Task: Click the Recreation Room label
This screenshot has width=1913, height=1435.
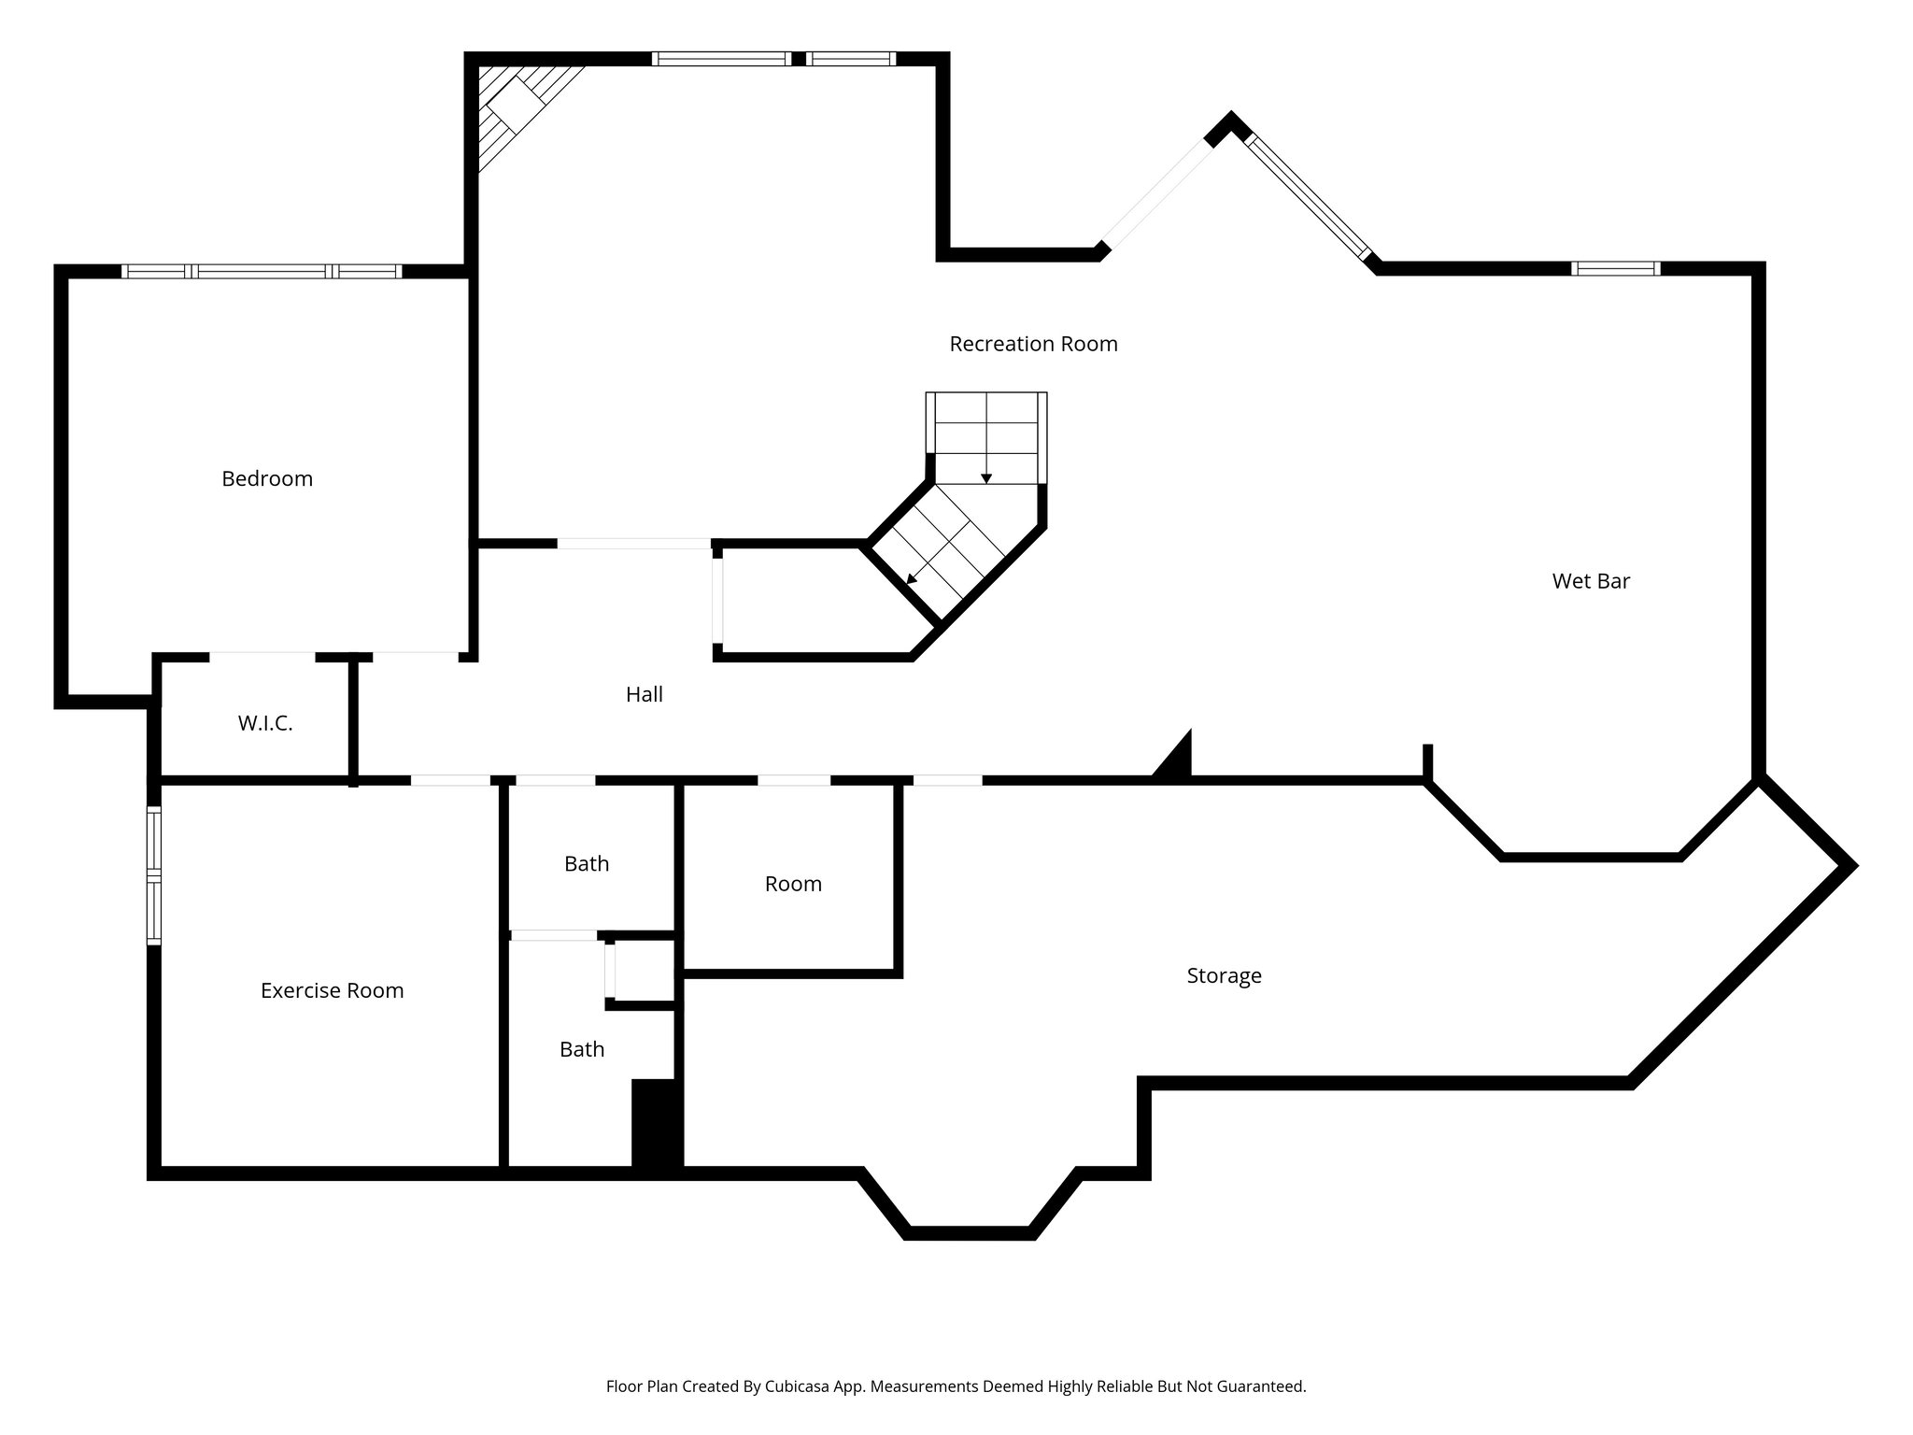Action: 1033,344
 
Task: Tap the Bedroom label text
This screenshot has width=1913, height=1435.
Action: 267,478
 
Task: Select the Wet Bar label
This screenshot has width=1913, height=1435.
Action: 1591,581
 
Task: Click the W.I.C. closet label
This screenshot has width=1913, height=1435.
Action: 265,723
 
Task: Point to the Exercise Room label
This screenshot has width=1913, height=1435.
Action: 332,990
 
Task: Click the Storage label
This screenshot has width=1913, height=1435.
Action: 1224,975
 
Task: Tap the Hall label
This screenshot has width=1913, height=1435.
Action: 645,694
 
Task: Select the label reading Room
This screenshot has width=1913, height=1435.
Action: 793,884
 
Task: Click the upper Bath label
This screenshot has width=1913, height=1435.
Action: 587,863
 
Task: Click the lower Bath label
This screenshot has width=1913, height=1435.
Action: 582,1049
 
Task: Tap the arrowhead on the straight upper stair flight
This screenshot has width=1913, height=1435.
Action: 986,479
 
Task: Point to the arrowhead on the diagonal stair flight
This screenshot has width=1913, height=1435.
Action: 912,579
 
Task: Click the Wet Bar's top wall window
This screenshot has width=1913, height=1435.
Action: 1615,269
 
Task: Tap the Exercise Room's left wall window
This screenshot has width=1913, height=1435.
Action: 154,876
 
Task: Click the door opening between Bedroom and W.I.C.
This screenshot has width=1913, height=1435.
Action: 262,657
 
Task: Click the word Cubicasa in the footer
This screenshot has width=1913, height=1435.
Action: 799,1386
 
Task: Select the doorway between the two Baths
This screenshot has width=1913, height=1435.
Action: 554,935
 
